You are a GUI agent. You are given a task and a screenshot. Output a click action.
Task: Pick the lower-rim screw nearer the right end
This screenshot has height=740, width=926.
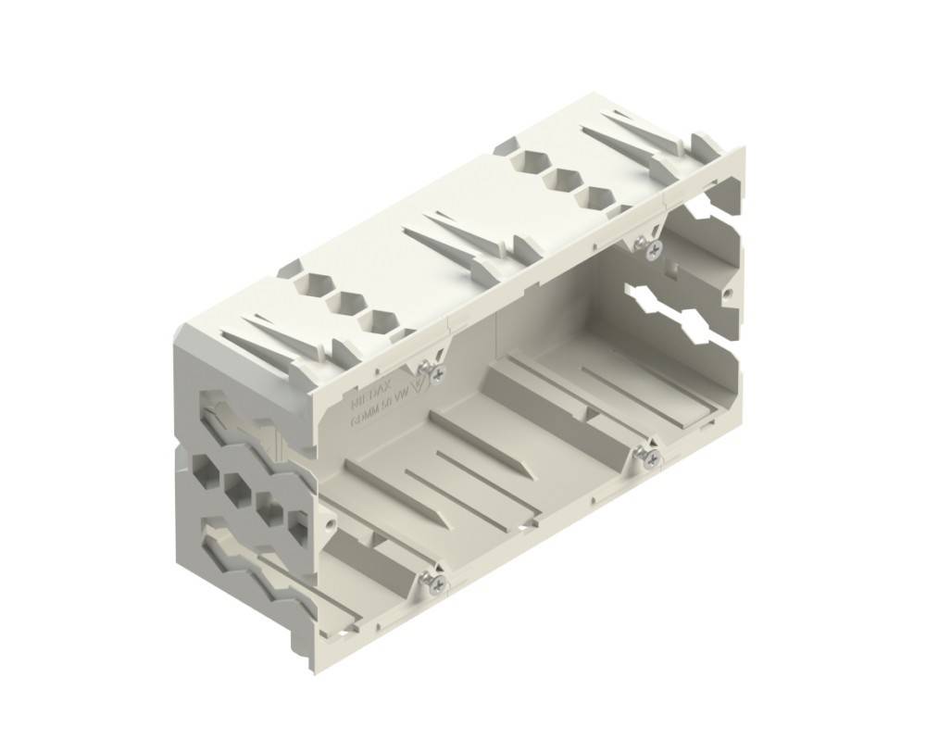652,457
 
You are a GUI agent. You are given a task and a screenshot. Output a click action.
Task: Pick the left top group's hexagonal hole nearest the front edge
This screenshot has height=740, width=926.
380,320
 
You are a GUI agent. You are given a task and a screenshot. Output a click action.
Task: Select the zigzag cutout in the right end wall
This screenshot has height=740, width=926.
680,310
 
